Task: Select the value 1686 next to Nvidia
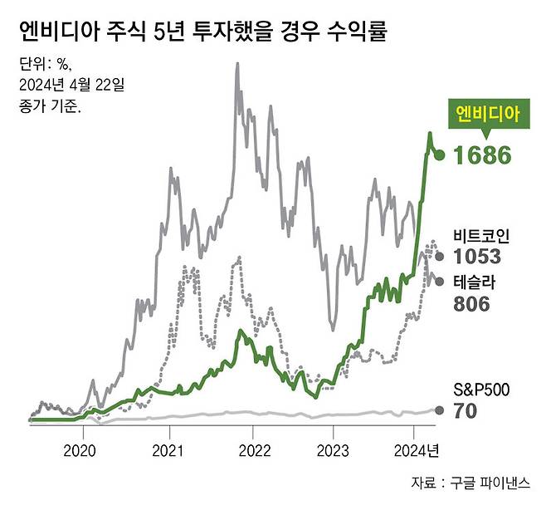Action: [x=483, y=155]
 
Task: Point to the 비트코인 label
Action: [x=482, y=236]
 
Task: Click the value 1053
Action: [x=478, y=257]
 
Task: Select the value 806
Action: [x=471, y=304]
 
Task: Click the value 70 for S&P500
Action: [x=466, y=410]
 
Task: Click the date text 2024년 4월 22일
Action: [x=71, y=85]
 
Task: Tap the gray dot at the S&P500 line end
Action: [x=440, y=410]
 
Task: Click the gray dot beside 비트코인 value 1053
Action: [x=440, y=257]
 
